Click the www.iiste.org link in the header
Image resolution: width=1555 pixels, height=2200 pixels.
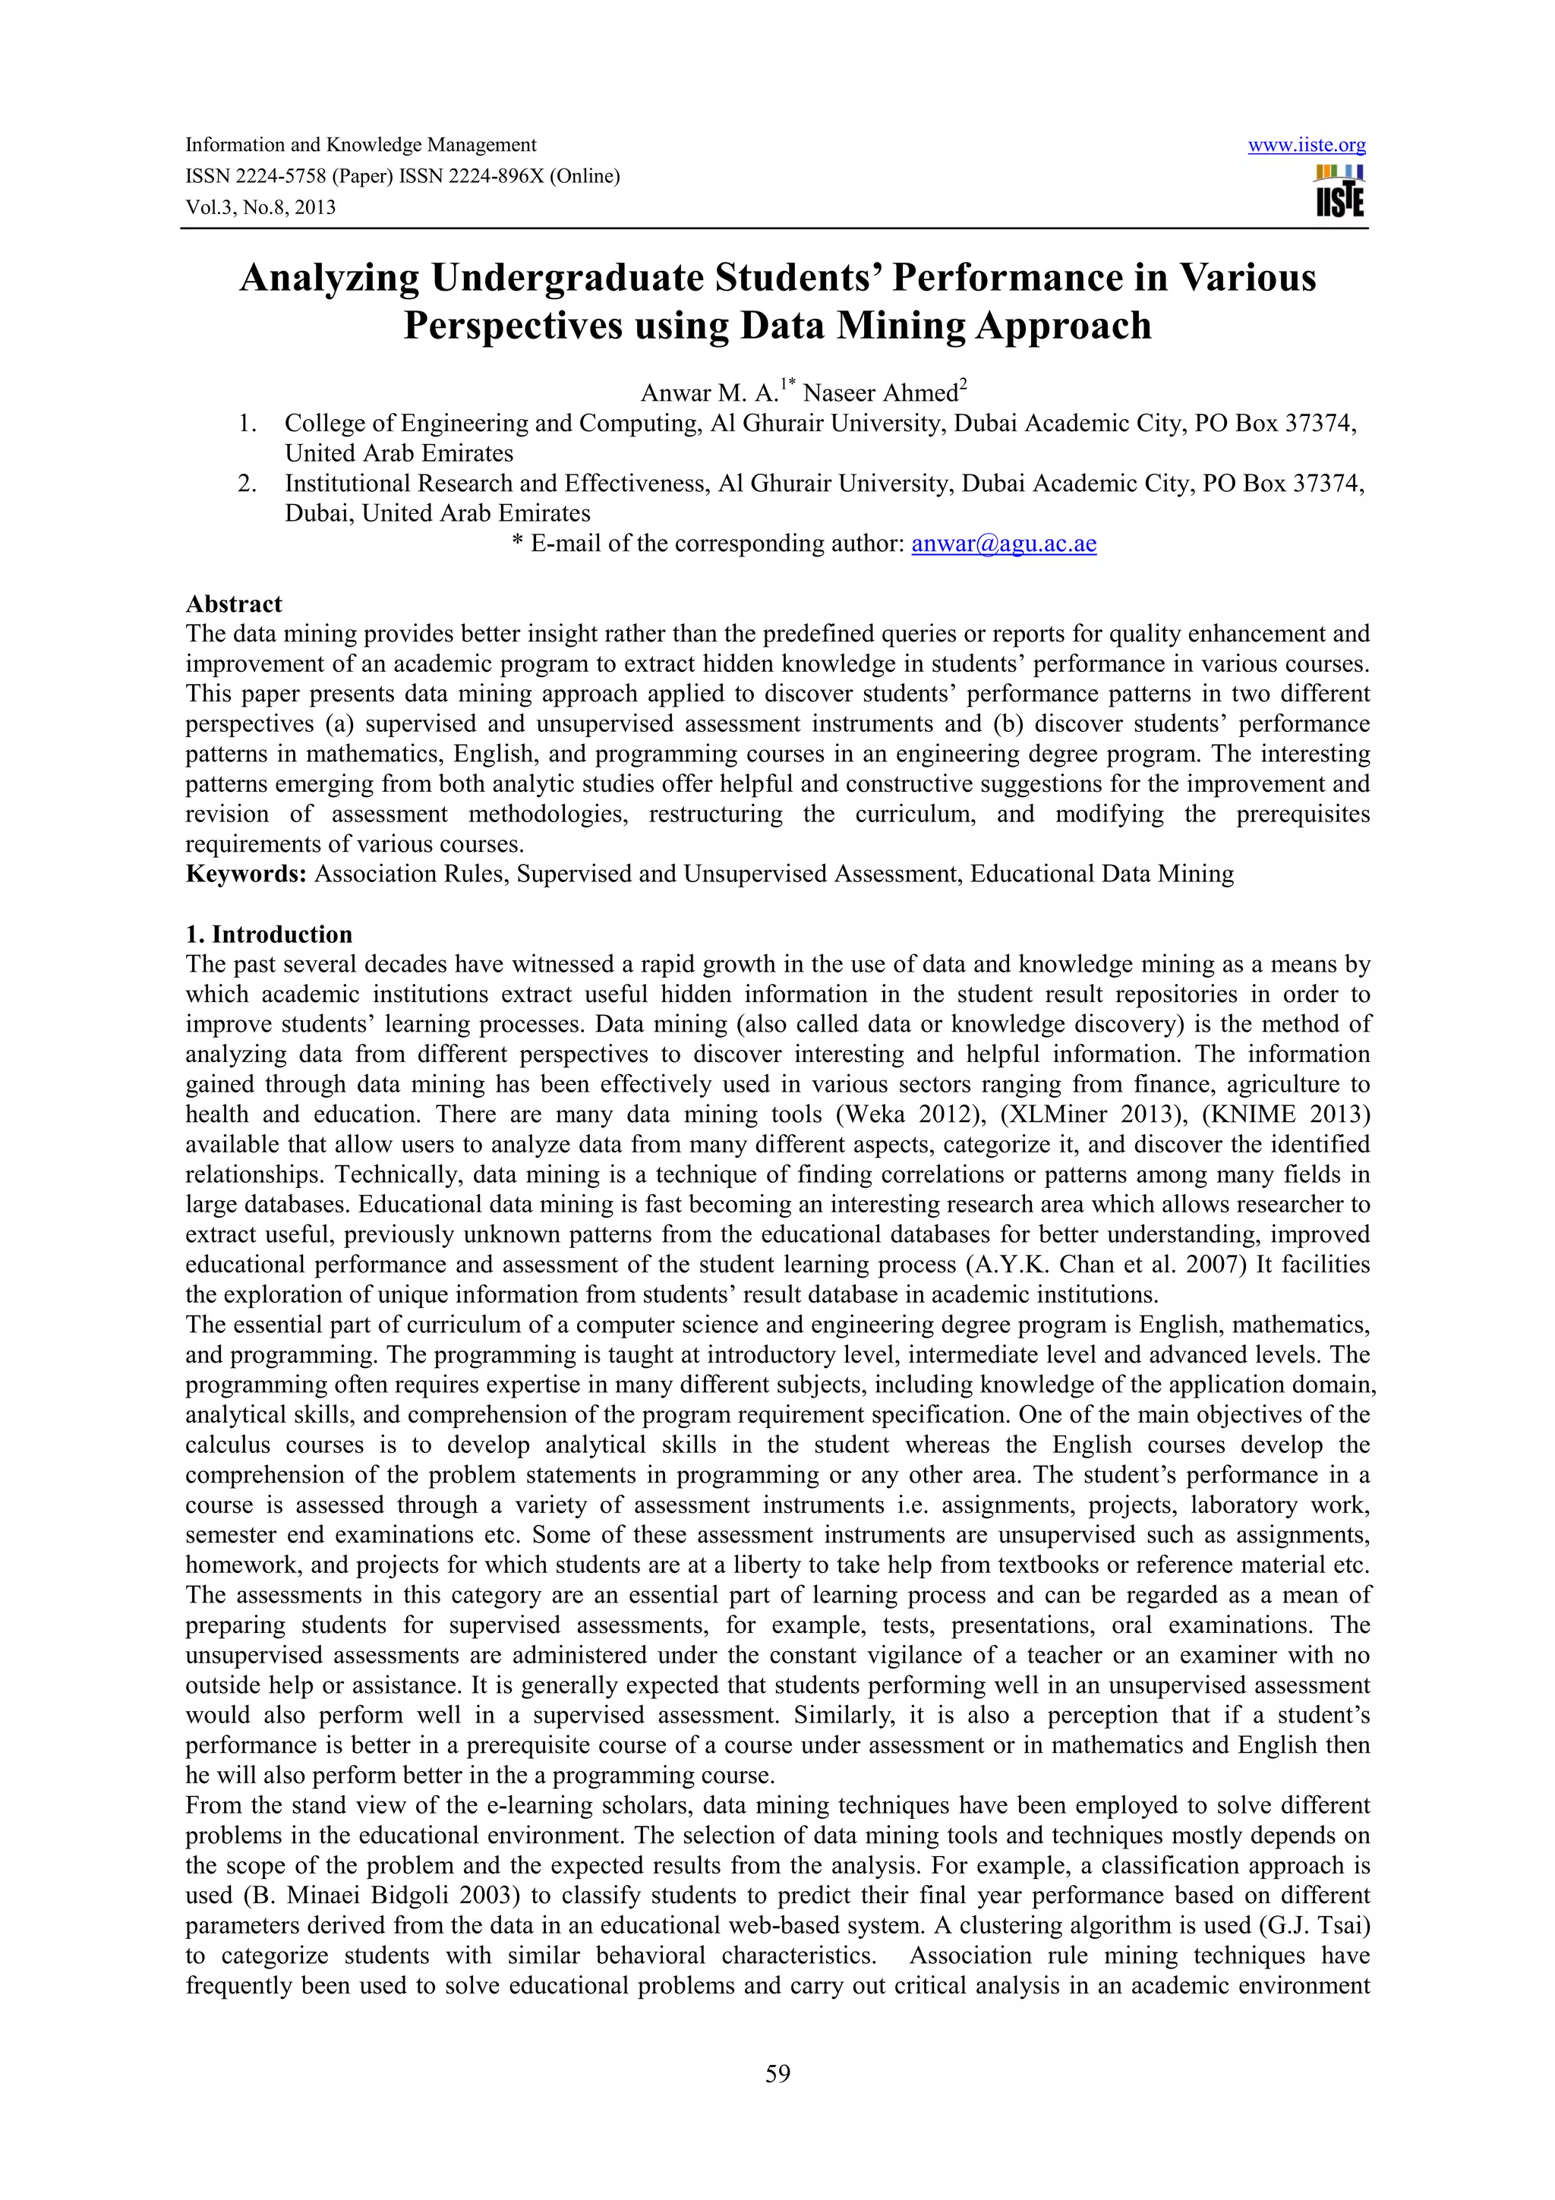coord(1306,146)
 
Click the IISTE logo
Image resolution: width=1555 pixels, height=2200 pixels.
coord(1339,191)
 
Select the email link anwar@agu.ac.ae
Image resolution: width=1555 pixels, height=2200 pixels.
coord(1003,544)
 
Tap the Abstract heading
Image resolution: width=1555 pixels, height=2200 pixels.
coord(234,604)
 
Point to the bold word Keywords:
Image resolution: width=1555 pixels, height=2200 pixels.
coord(245,874)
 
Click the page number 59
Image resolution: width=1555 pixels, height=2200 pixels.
coord(777,2073)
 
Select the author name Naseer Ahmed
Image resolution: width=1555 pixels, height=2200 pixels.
coord(881,393)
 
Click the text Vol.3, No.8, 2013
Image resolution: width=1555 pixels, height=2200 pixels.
coord(260,208)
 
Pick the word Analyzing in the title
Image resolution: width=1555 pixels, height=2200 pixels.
coord(329,278)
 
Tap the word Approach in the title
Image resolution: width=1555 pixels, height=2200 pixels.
coord(1062,326)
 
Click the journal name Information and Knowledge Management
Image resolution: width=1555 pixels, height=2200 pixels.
coord(360,146)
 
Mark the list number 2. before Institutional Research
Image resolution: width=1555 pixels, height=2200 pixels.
coord(248,484)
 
